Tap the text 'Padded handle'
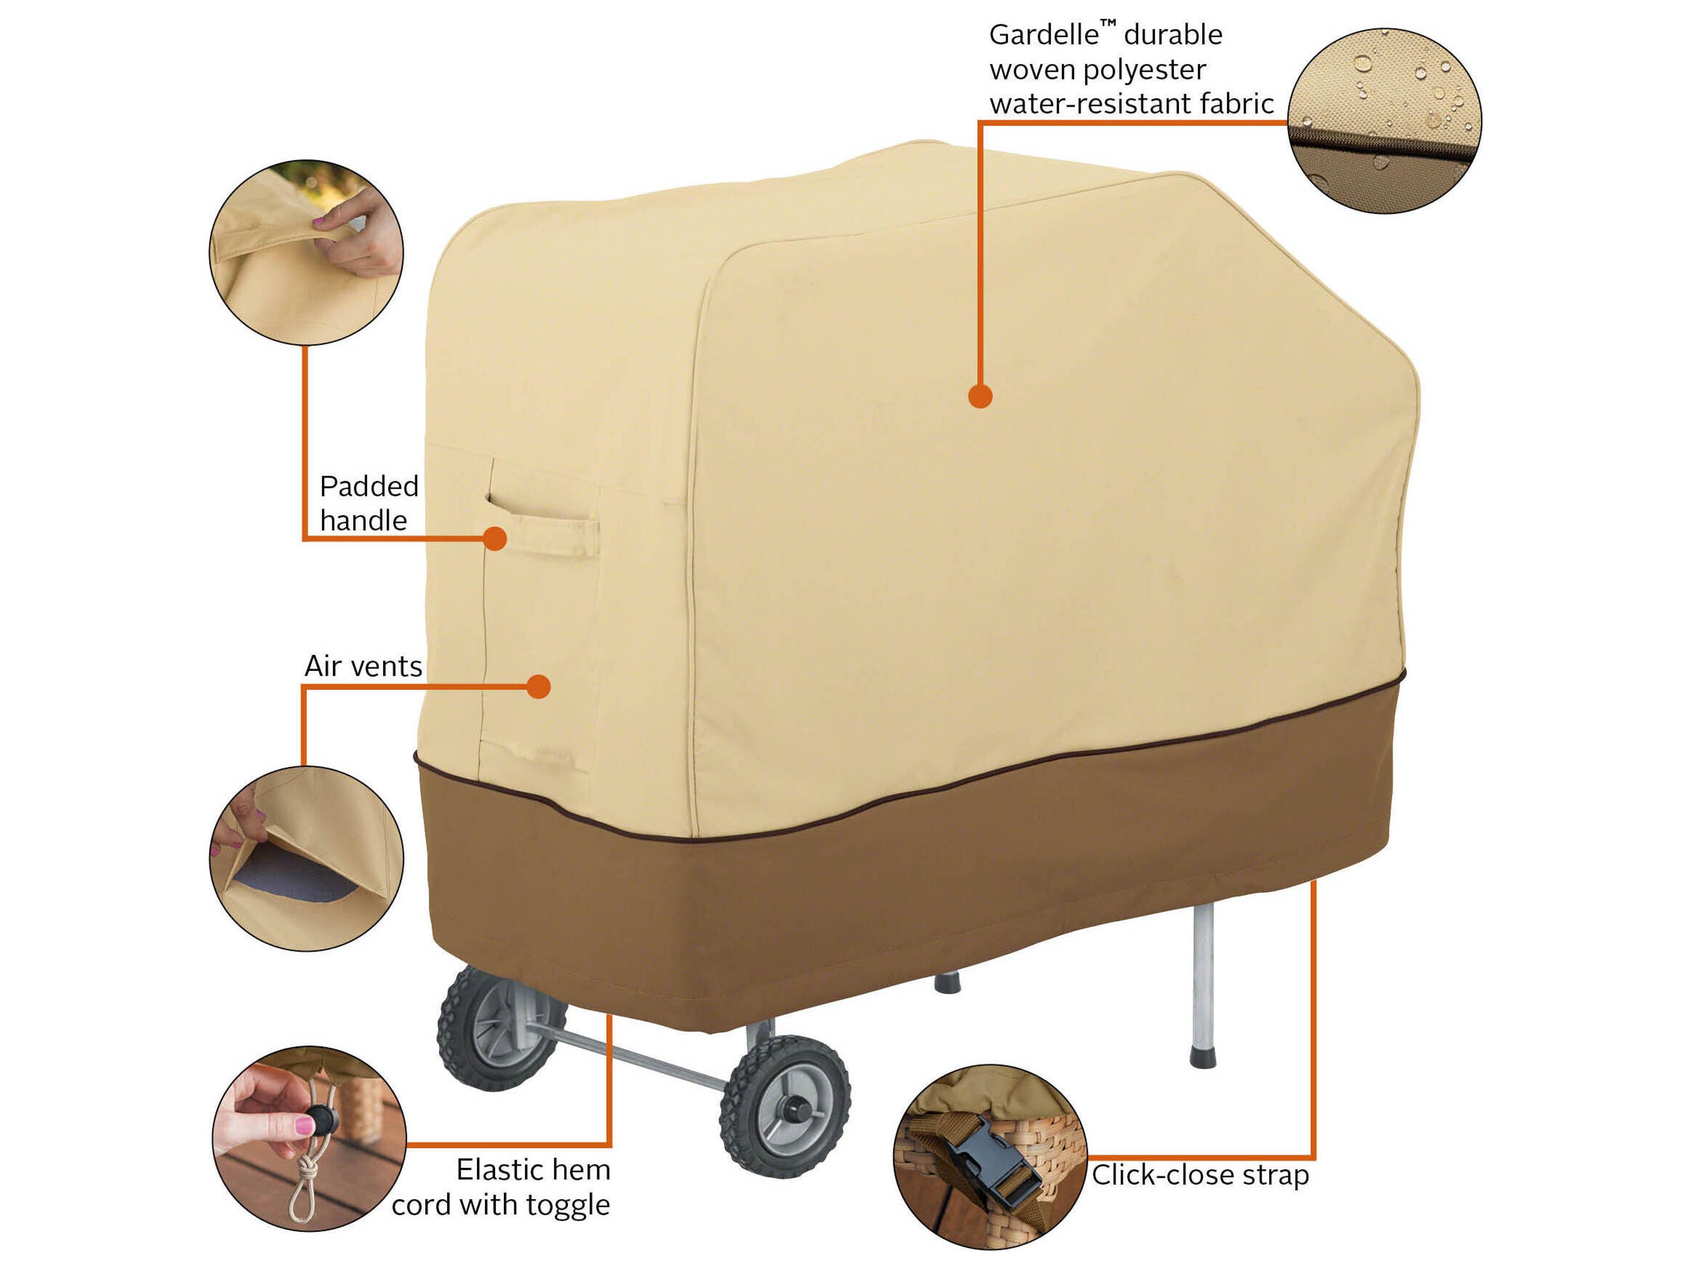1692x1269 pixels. pos(369,503)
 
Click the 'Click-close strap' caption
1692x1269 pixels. pos(1199,1175)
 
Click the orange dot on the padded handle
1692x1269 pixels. pos(495,538)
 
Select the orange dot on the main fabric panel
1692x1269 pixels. pos(980,396)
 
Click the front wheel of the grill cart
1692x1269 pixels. pos(785,1106)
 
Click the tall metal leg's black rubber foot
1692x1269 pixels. pos(1203,1058)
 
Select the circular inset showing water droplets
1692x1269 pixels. pos(1384,121)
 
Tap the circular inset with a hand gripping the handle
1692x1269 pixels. pos(306,252)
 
